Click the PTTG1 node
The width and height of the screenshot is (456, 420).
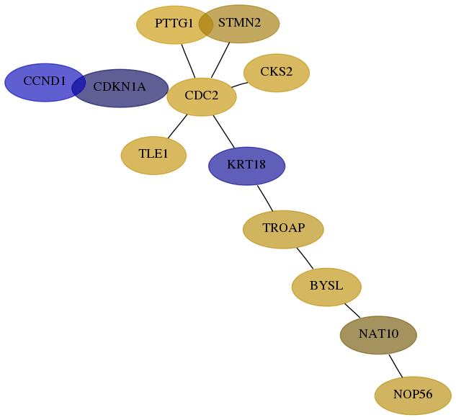[174, 24]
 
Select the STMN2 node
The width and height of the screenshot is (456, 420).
[239, 24]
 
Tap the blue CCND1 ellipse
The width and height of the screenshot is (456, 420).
[45, 83]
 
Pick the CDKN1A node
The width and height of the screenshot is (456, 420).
[120, 88]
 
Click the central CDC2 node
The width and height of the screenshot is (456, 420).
[202, 97]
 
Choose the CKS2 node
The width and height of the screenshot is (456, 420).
[277, 73]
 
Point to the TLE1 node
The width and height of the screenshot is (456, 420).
[153, 156]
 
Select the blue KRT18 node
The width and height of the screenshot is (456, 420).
[246, 166]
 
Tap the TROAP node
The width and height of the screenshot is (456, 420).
[283, 229]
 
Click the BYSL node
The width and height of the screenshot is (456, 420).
[326, 287]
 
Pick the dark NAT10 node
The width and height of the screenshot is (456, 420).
[378, 335]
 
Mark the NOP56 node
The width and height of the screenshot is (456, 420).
[413, 396]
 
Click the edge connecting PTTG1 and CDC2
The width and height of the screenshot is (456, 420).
[188, 61]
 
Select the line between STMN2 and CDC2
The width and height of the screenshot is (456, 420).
[220, 61]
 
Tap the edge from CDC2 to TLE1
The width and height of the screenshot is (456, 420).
[177, 126]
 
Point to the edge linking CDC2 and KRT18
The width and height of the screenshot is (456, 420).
[223, 131]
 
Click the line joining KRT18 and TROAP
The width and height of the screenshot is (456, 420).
[265, 198]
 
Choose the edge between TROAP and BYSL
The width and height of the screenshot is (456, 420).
[305, 259]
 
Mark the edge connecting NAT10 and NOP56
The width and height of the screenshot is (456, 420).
[395, 366]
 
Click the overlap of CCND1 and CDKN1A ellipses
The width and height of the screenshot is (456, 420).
[79, 85]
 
